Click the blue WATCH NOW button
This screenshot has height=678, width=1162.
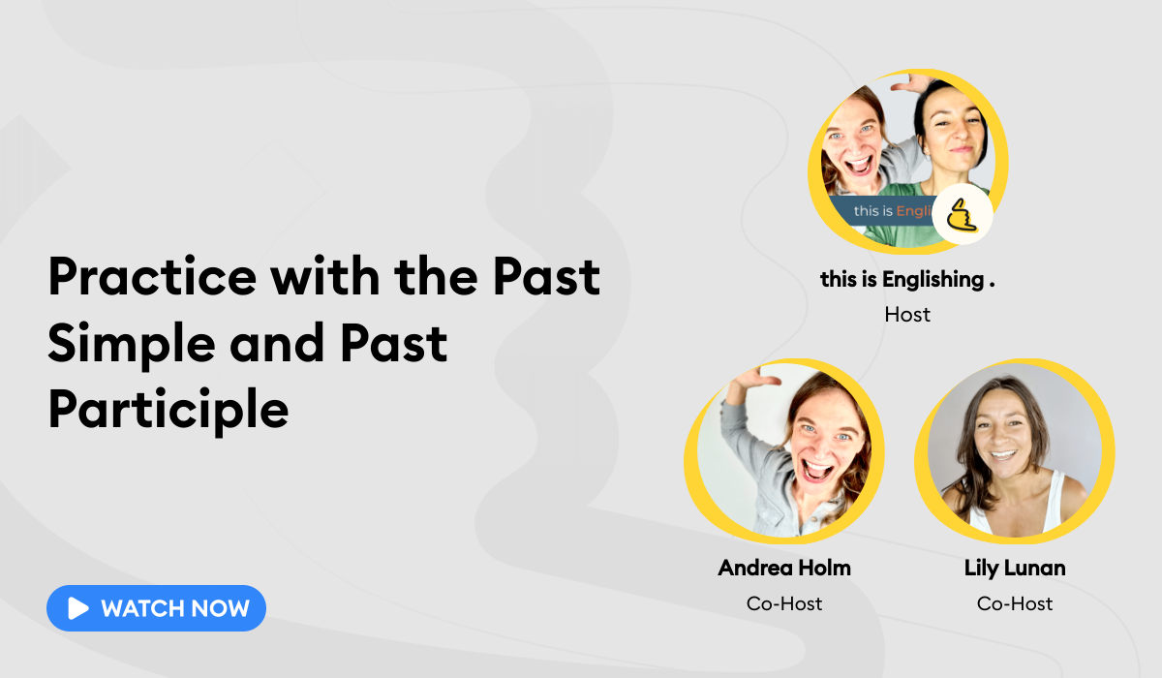tap(156, 608)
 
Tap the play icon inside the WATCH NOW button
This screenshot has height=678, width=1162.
tap(78, 608)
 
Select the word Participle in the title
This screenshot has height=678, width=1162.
tap(168, 410)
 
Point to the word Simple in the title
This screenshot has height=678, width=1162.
tap(125, 344)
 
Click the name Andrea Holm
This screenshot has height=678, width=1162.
tap(784, 568)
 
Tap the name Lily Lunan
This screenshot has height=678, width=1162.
tap(1015, 568)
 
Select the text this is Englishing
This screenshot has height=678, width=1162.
tap(907, 280)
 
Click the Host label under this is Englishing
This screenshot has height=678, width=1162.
tap(907, 314)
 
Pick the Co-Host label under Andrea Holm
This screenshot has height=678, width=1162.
tap(784, 603)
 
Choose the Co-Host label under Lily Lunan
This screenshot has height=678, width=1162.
tap(1015, 603)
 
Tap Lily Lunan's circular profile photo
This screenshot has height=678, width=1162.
tap(1014, 449)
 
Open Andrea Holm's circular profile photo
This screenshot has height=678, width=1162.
tap(784, 449)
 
